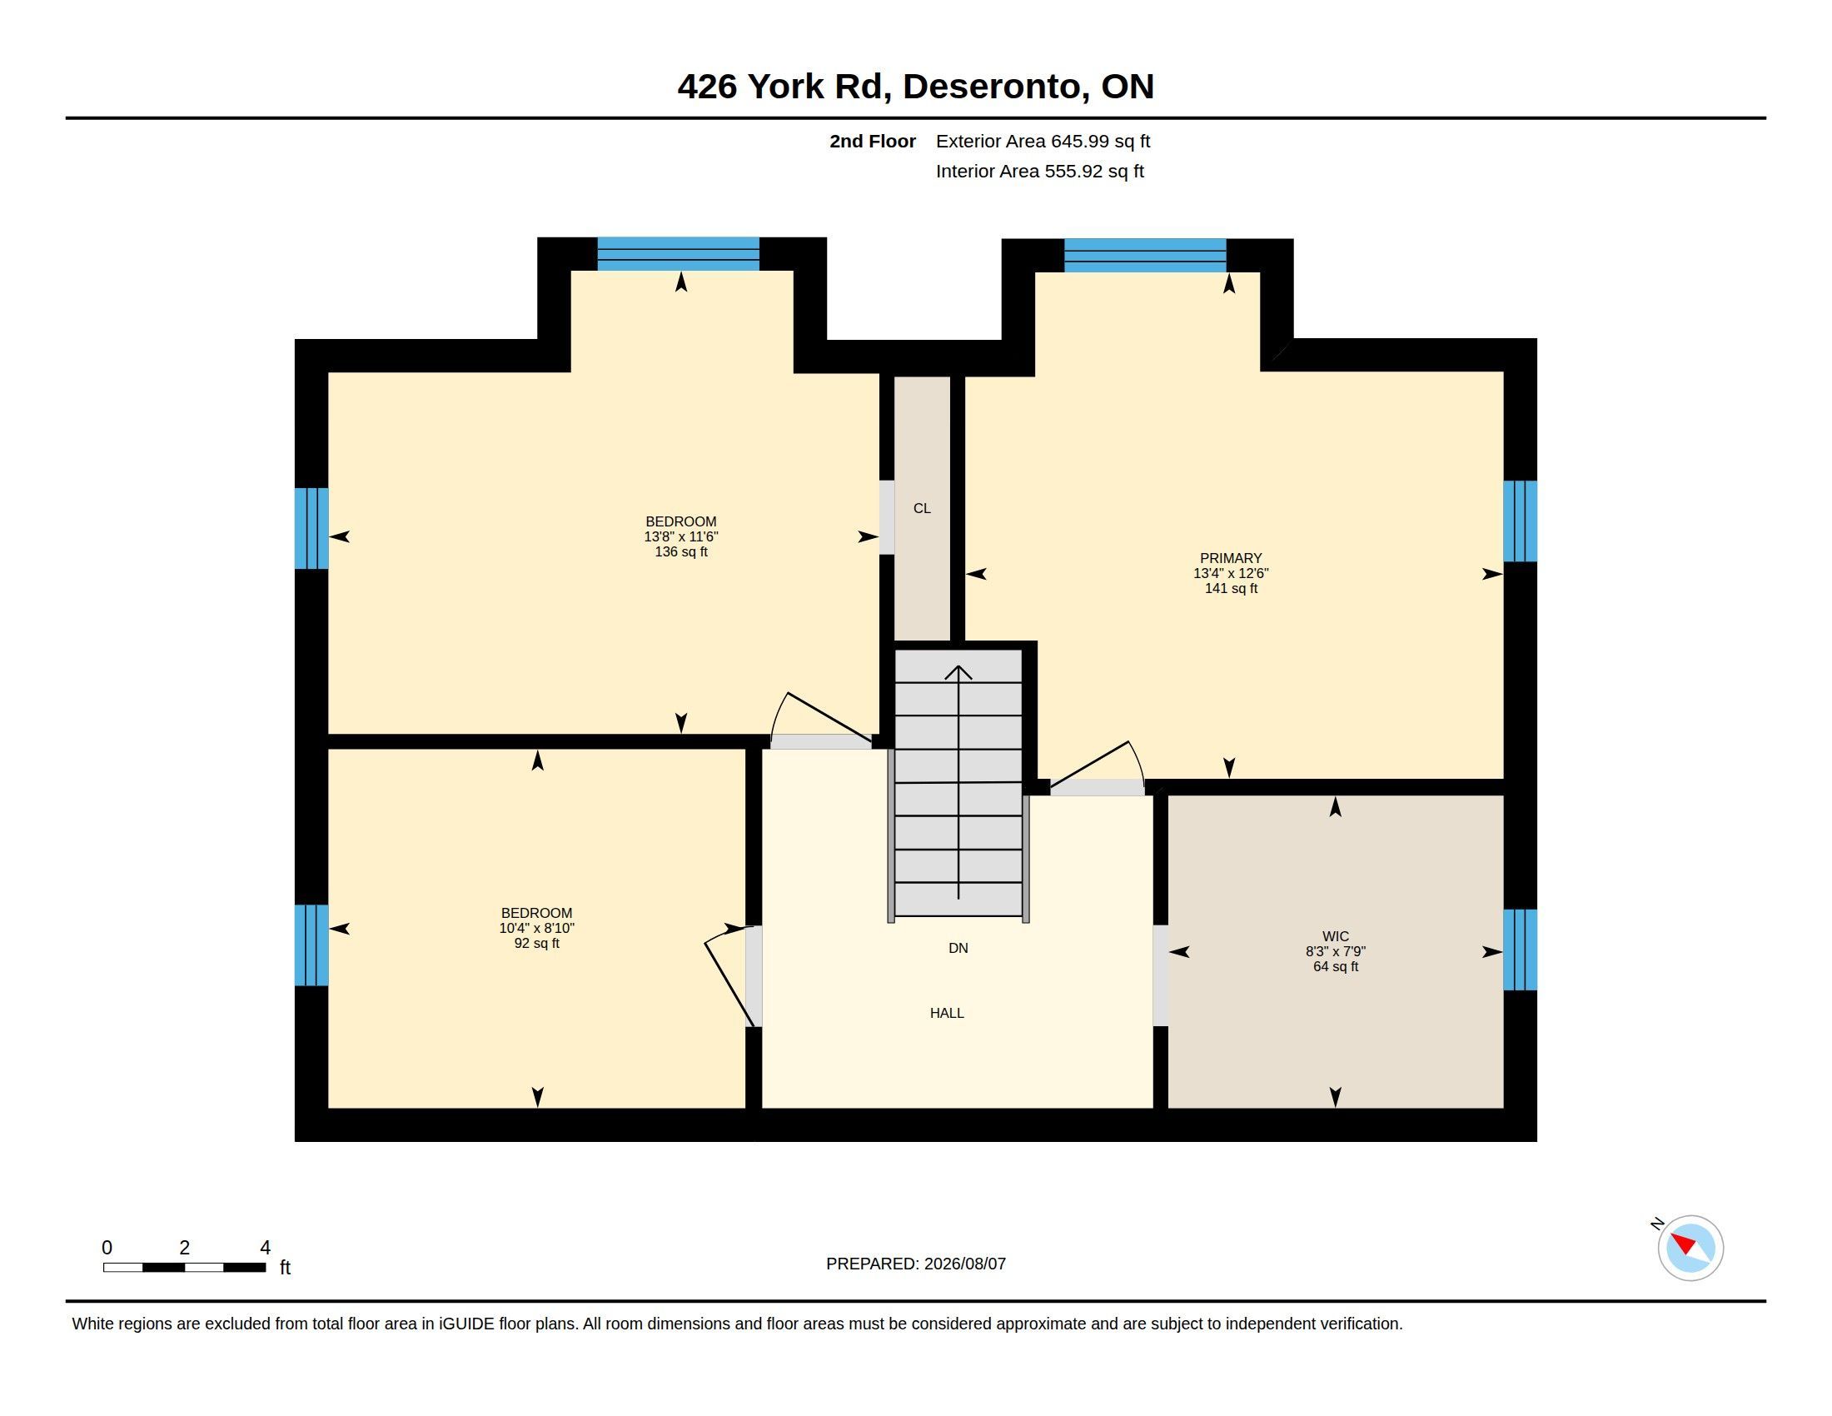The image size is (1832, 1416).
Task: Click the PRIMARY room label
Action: [1231, 558]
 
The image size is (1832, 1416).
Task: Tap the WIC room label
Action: [1336, 936]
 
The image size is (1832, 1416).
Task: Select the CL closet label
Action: [922, 508]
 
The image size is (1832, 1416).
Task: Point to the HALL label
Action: [947, 1014]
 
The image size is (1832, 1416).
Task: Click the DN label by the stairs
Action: [958, 948]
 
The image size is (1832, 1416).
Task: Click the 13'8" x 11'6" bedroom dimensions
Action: [681, 537]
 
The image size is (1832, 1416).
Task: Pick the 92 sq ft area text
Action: [537, 944]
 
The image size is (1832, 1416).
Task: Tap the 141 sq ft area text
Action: [1232, 589]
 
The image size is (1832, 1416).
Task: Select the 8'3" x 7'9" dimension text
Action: [1336, 951]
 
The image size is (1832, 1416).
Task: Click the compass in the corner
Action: [1690, 1249]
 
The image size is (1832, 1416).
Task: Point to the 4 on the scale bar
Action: [265, 1248]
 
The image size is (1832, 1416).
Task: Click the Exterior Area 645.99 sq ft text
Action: [1043, 141]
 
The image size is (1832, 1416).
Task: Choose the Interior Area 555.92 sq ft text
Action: [1040, 171]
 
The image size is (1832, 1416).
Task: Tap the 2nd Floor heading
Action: [873, 141]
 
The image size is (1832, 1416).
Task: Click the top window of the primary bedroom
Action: [1145, 255]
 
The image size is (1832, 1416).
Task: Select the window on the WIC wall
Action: [1520, 950]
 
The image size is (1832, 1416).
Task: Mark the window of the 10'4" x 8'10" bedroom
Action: [311, 945]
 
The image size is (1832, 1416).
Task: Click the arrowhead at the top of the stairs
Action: [958, 672]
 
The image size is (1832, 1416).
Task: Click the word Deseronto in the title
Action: [995, 87]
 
